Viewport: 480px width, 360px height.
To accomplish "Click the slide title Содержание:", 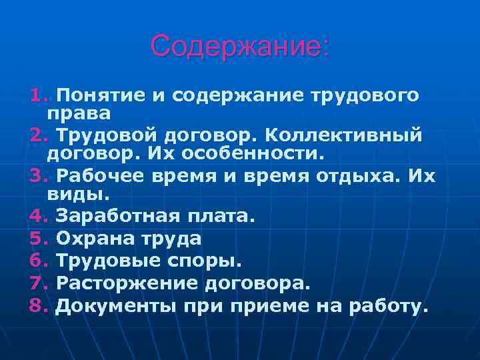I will point(239,47).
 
